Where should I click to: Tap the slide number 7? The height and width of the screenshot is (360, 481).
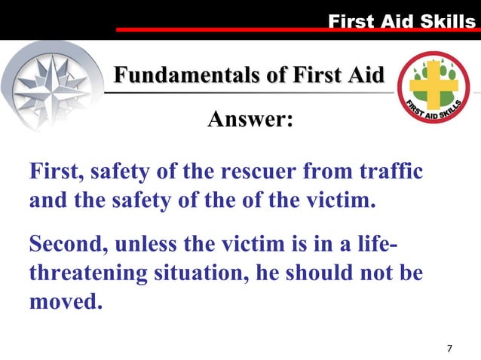tap(449, 348)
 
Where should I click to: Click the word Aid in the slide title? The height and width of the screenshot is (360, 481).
tap(365, 75)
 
